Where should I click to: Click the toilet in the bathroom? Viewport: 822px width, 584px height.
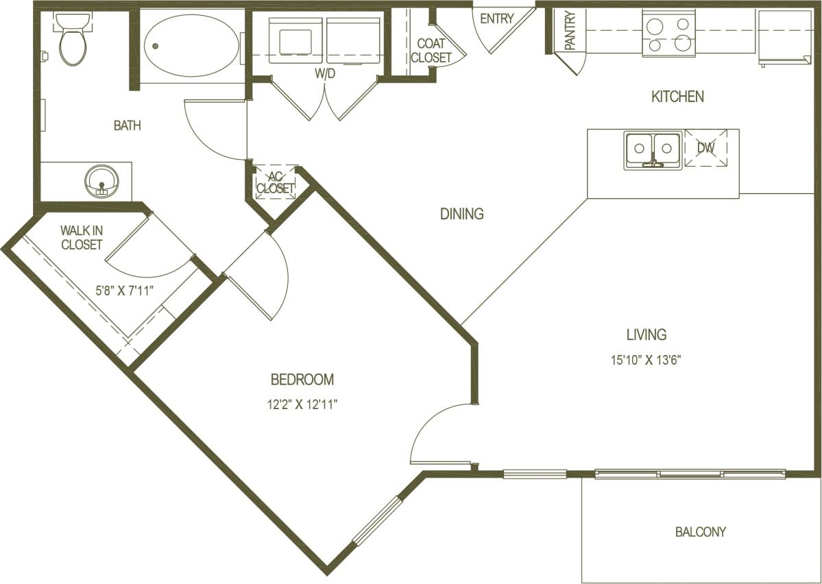click(71, 41)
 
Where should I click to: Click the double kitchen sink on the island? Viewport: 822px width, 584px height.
click(653, 149)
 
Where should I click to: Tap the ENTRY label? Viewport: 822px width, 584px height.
click(496, 19)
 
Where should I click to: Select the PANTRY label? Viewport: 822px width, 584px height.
click(570, 31)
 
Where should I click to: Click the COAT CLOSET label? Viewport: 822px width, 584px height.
click(431, 51)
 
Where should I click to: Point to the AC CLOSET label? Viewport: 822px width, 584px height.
click(275, 182)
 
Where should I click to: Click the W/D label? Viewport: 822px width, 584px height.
click(325, 74)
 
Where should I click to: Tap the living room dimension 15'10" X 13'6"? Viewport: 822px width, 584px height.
click(646, 359)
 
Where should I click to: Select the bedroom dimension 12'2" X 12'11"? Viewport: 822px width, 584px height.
click(302, 404)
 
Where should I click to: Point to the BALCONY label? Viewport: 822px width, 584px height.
click(700, 531)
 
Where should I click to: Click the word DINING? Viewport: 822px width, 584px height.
click(461, 214)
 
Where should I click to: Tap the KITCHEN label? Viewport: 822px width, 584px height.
click(677, 97)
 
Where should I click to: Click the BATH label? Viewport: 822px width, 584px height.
click(127, 125)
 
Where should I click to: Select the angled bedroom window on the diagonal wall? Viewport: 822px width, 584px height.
click(376, 520)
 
